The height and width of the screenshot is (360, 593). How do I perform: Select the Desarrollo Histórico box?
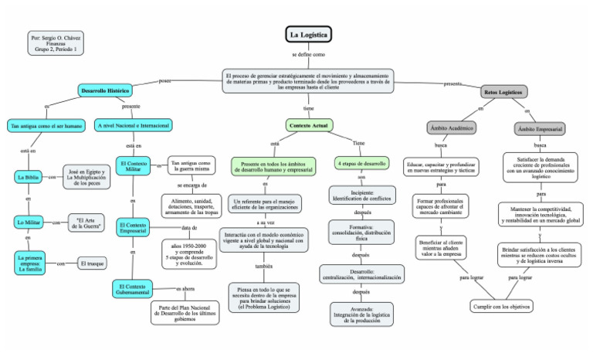(107, 91)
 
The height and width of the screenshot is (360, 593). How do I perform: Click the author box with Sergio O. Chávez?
(56, 43)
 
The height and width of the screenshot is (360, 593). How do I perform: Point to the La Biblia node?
(28, 177)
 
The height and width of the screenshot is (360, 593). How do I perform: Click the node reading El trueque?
(93, 264)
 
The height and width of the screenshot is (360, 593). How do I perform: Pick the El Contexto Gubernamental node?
(133, 289)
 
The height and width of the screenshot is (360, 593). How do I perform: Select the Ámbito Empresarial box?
(540, 127)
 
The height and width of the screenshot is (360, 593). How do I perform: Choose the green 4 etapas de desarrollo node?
(362, 164)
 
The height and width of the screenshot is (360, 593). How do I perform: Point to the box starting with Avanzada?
(362, 314)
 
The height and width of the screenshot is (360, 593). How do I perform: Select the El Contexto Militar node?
(133, 168)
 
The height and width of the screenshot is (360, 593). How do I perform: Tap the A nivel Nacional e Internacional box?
(134, 124)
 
